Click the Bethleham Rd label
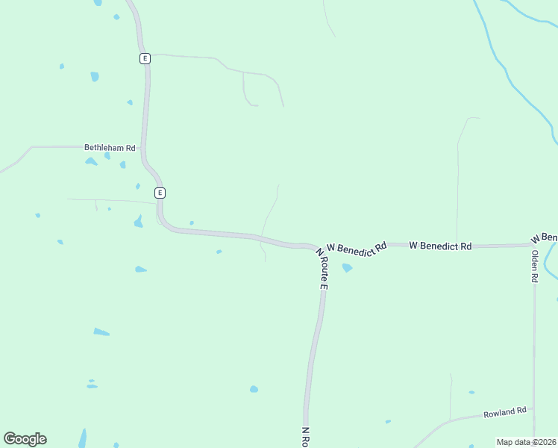(109, 148)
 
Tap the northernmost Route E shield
(145, 58)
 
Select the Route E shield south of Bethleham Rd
(160, 193)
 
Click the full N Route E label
(323, 269)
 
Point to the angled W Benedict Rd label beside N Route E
(357, 249)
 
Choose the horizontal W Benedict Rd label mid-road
(440, 246)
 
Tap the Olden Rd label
(534, 266)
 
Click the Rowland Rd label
(505, 411)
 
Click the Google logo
(25, 439)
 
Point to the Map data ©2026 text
(526, 442)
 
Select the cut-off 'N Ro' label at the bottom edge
(306, 438)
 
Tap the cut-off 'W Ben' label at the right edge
(545, 237)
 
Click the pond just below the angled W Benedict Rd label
(347, 267)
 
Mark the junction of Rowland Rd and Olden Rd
(534, 411)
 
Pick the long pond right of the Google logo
(83, 438)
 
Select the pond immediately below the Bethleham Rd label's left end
(90, 161)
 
